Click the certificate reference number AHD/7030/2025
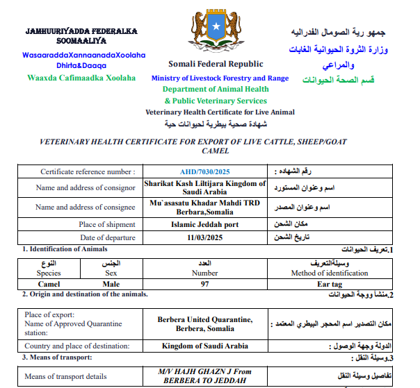pyautogui.click(x=205, y=171)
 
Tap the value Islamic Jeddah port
pyautogui.click(x=204, y=224)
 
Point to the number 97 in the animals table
pyautogui.click(x=204, y=284)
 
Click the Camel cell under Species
pyautogui.click(x=48, y=284)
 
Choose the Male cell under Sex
pyautogui.click(x=111, y=284)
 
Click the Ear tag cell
pyautogui.click(x=331, y=284)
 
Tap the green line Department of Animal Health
pyautogui.click(x=216, y=90)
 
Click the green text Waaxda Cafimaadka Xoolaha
pyautogui.click(x=81, y=78)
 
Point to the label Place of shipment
pyautogui.click(x=106, y=224)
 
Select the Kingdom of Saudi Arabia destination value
pyautogui.click(x=204, y=346)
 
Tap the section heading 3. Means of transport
pyautogui.click(x=57, y=357)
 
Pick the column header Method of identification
pyautogui.click(x=331, y=273)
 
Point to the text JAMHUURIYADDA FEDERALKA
pyautogui.click(x=81, y=31)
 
